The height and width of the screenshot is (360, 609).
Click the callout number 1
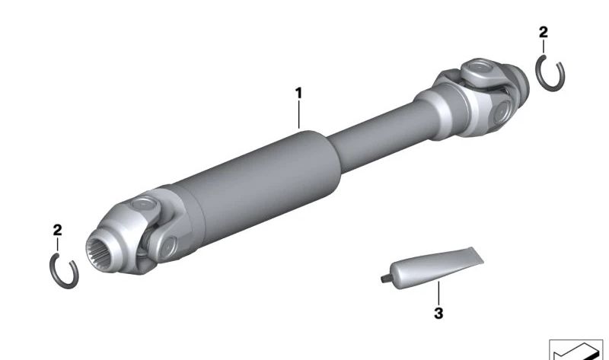pyautogui.click(x=298, y=93)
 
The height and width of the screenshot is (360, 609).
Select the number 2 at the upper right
pyautogui.click(x=544, y=32)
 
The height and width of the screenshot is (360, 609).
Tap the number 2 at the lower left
pyautogui.click(x=58, y=230)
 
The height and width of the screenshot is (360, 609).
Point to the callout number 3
pyautogui.click(x=438, y=313)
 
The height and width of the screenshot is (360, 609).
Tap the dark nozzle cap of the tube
pyautogui.click(x=385, y=278)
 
